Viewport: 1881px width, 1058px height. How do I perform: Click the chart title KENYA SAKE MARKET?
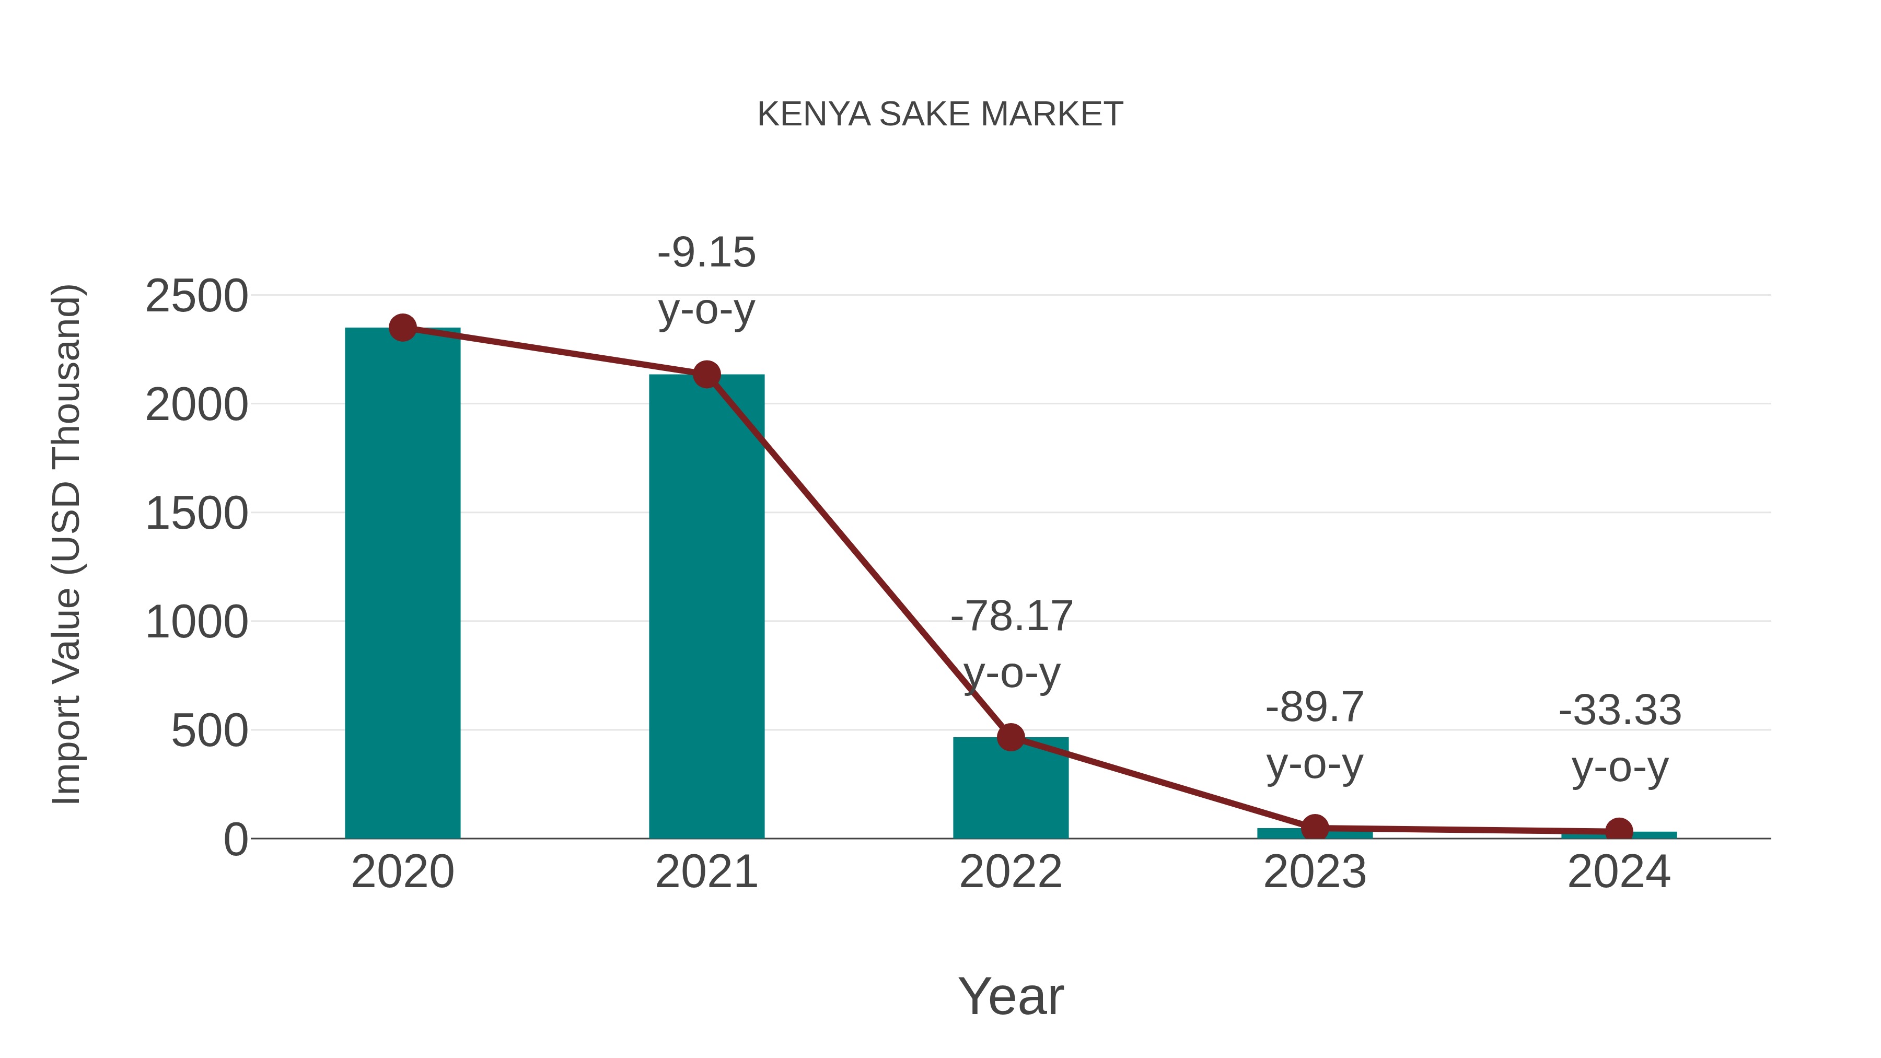click(940, 114)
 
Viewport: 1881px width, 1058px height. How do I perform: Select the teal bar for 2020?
click(402, 584)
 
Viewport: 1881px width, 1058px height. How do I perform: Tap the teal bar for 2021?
click(706, 606)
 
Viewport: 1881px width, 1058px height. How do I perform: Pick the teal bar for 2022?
click(1011, 788)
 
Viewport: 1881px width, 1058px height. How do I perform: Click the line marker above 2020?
click(402, 328)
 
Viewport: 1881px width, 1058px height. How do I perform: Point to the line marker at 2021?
click(706, 375)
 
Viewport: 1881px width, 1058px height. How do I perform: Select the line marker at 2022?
click(1011, 737)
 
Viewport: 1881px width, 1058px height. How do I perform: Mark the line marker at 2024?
click(1619, 831)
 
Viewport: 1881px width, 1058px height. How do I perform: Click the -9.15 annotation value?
click(706, 253)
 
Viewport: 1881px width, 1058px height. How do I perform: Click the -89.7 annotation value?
click(1315, 707)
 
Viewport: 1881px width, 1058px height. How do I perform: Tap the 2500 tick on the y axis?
click(196, 296)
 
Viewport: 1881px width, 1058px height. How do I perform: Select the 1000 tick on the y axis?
click(196, 622)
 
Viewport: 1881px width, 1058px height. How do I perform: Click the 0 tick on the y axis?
click(236, 840)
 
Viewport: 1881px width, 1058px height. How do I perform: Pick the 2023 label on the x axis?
click(1315, 872)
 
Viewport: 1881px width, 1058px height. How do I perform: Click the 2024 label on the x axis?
click(1619, 872)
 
